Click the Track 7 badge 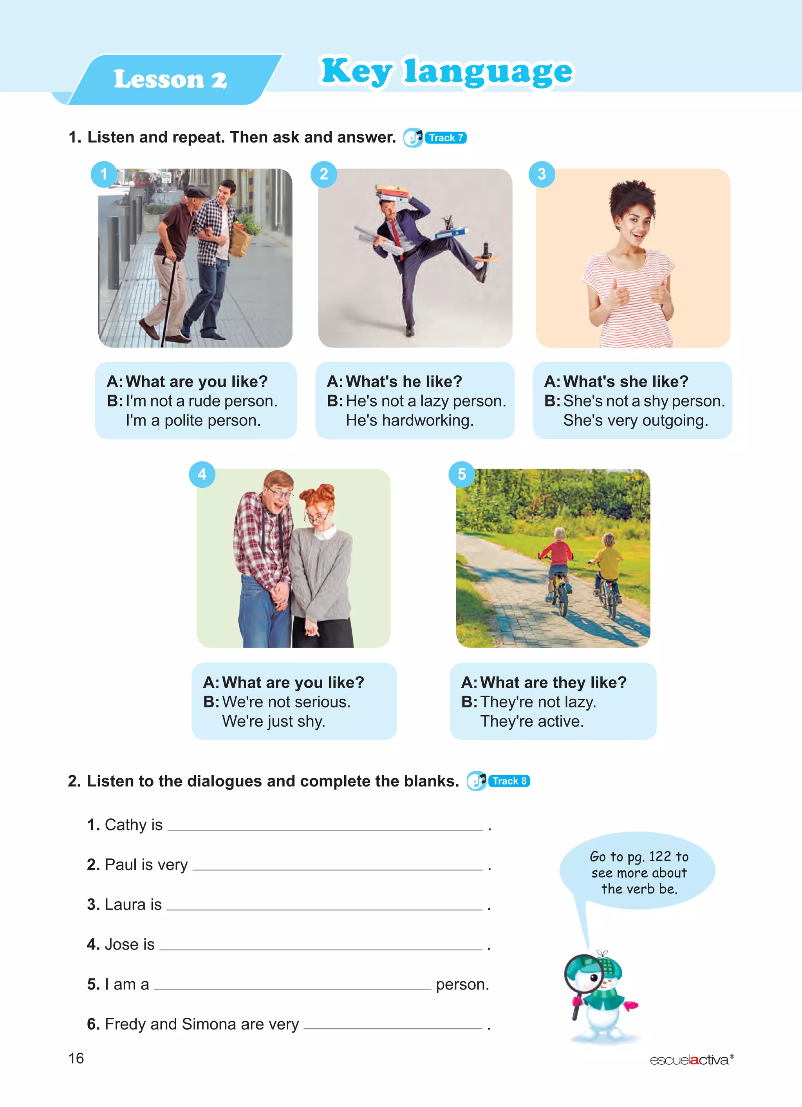click(x=445, y=137)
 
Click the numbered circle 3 click(x=542, y=174)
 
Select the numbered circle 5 click(x=461, y=474)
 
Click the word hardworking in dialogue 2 click(x=409, y=420)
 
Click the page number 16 click(x=76, y=1058)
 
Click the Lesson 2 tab click(x=170, y=79)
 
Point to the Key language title click(x=446, y=72)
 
